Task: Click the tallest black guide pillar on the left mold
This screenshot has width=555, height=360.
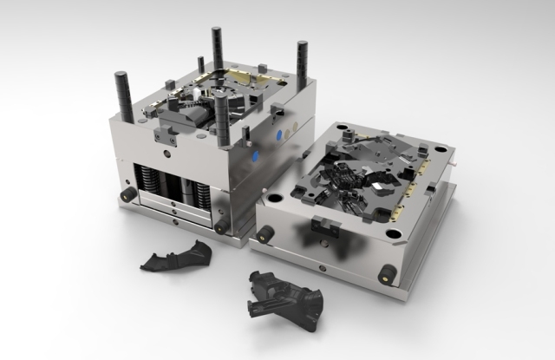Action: [215, 52]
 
